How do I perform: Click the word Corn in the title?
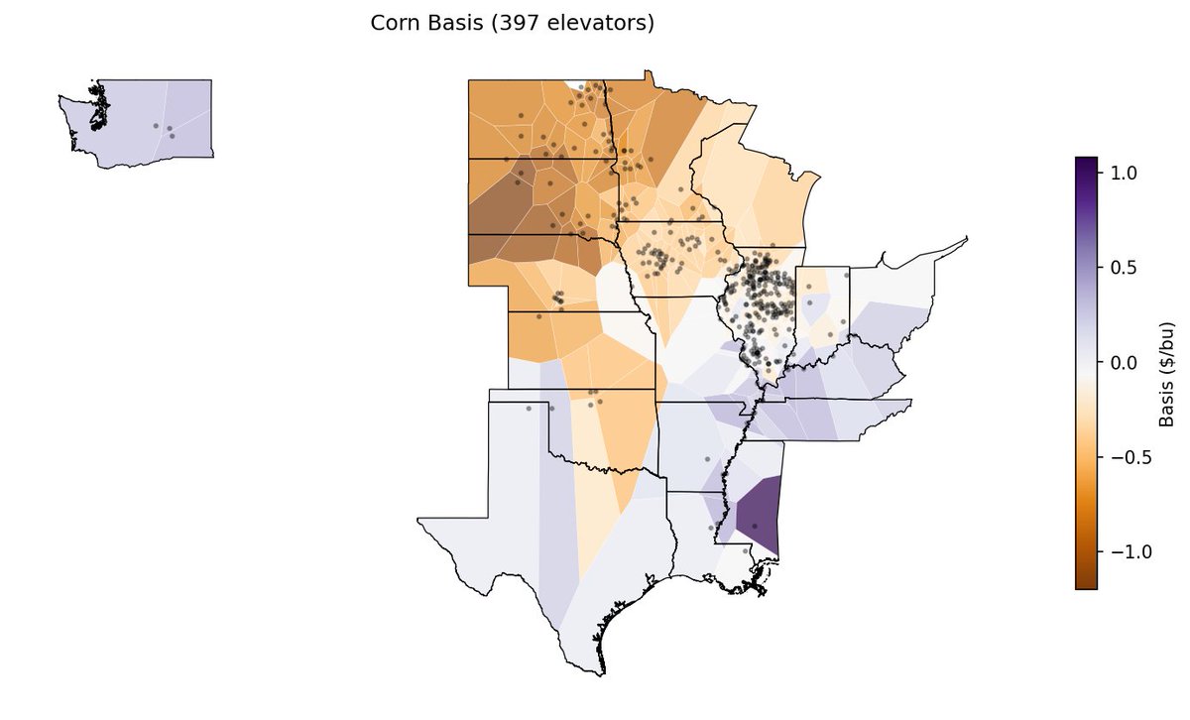point(392,23)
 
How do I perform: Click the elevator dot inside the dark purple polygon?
point(755,526)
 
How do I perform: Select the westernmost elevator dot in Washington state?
point(155,126)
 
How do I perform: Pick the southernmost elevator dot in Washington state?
point(173,136)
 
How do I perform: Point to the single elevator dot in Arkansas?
point(706,459)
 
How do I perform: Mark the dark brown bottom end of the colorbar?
point(1086,584)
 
